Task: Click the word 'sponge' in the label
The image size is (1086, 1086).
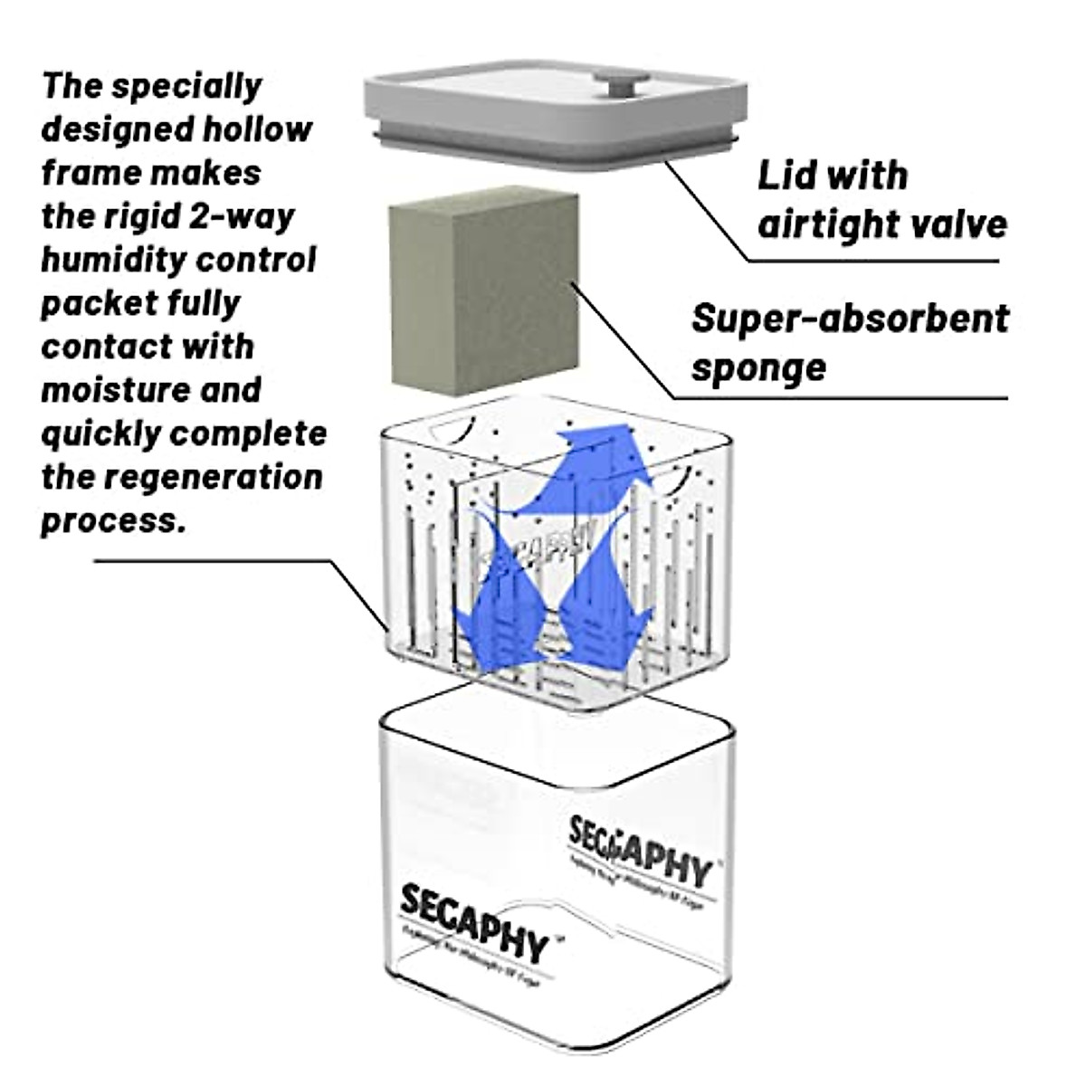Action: pos(758,367)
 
